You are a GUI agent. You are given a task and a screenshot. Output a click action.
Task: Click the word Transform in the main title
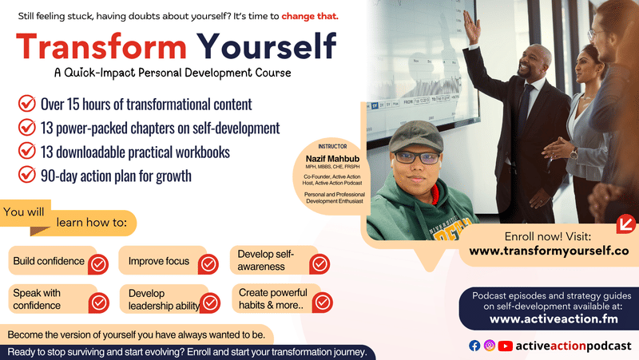click(x=99, y=46)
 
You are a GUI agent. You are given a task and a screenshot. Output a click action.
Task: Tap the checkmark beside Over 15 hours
click(x=27, y=104)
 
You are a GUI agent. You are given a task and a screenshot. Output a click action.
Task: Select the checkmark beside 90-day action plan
click(x=27, y=176)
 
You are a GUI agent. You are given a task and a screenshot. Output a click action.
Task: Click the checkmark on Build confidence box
click(x=97, y=263)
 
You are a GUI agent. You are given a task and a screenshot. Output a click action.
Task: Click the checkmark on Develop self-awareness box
click(x=319, y=263)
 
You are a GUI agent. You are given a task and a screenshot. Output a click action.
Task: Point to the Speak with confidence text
click(x=37, y=299)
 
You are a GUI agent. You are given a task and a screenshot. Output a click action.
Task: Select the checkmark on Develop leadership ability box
click(x=209, y=302)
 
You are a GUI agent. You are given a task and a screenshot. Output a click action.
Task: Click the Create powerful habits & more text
click(x=272, y=299)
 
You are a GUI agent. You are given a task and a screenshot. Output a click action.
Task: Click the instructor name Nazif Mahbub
click(x=329, y=158)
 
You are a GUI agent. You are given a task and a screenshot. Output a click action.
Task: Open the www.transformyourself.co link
click(x=549, y=251)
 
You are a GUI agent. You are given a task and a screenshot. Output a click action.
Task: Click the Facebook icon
click(x=474, y=346)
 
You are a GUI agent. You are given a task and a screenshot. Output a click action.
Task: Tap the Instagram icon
click(x=490, y=346)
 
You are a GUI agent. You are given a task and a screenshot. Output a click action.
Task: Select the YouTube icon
click(x=506, y=346)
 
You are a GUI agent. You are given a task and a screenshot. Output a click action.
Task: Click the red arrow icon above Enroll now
click(x=625, y=222)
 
